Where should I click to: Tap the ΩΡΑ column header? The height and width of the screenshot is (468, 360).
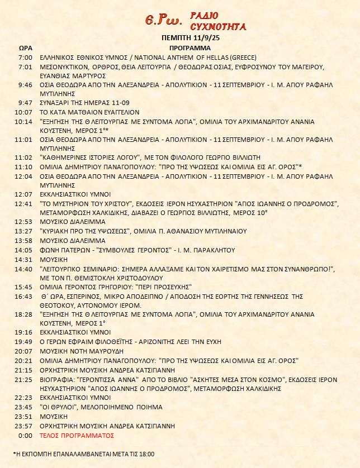point(25,48)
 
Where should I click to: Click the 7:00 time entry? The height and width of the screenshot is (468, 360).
point(25,58)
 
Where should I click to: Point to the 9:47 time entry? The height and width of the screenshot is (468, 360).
point(25,103)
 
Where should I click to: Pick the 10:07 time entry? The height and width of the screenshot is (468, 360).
point(25,112)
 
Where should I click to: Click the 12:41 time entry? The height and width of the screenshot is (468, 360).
point(25,203)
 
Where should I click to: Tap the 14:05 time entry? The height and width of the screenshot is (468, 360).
point(25,250)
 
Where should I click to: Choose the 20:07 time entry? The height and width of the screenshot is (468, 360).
point(25,351)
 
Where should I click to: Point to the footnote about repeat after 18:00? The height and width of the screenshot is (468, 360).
point(83,454)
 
